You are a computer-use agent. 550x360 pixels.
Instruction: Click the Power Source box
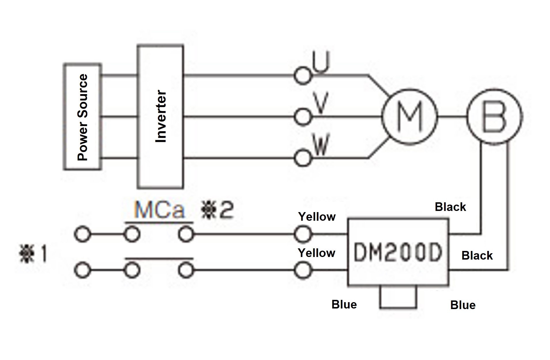[x=82, y=117]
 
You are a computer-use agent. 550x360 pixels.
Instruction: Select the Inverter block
[x=160, y=117]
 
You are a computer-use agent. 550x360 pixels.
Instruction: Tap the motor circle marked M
[x=409, y=117]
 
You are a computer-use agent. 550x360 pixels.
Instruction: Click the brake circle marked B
[x=494, y=117]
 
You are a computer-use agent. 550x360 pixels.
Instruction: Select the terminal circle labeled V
[x=302, y=117]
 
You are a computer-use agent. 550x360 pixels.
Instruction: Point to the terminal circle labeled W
[x=302, y=158]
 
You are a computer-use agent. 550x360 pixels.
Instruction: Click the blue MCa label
[x=159, y=210]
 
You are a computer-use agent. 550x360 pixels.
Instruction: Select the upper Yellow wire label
[x=317, y=217]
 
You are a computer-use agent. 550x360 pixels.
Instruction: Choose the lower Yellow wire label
[x=316, y=253]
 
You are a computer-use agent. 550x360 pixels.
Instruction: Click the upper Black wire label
[x=450, y=207]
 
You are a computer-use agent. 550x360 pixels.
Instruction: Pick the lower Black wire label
[x=477, y=256]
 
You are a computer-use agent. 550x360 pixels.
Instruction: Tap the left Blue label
[x=344, y=304]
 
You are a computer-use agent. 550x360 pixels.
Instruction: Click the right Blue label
[x=462, y=305]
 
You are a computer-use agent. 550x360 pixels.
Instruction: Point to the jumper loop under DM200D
[x=398, y=307]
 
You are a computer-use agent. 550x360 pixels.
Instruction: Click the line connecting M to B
[x=452, y=117]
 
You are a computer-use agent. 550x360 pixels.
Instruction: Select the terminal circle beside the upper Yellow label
[x=302, y=234]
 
